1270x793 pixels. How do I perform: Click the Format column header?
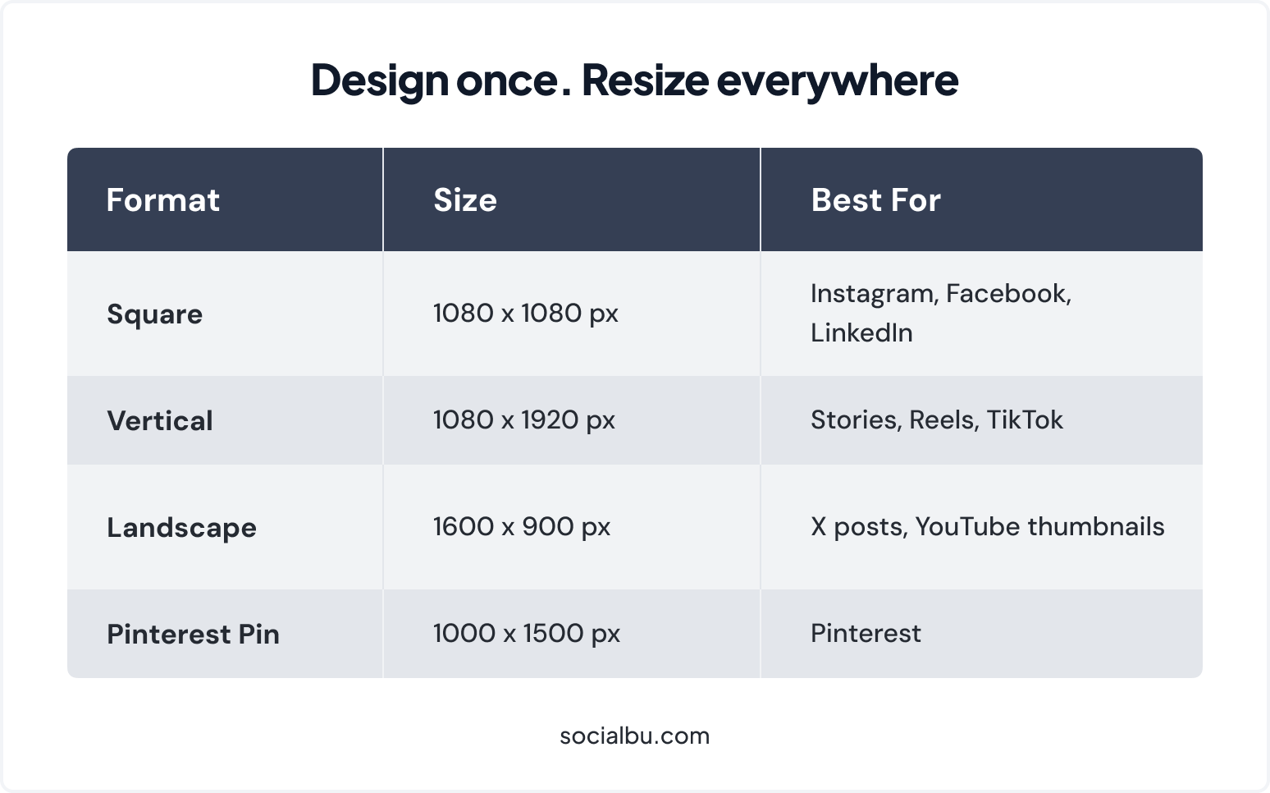coord(162,200)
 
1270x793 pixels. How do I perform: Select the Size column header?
coord(465,200)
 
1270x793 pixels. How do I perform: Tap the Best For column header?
coord(875,200)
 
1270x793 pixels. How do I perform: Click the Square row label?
coord(154,314)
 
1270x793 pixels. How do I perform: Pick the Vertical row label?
coord(160,421)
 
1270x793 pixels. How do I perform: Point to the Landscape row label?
coord(181,528)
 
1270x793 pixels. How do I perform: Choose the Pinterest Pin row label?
coord(193,635)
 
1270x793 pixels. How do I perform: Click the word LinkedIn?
coord(861,332)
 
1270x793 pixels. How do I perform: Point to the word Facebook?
coord(1008,294)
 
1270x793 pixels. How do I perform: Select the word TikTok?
coord(1025,420)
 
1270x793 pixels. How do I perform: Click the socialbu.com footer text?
coord(634,736)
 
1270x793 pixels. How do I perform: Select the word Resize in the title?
coord(645,80)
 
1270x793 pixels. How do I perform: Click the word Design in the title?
coord(379,80)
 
